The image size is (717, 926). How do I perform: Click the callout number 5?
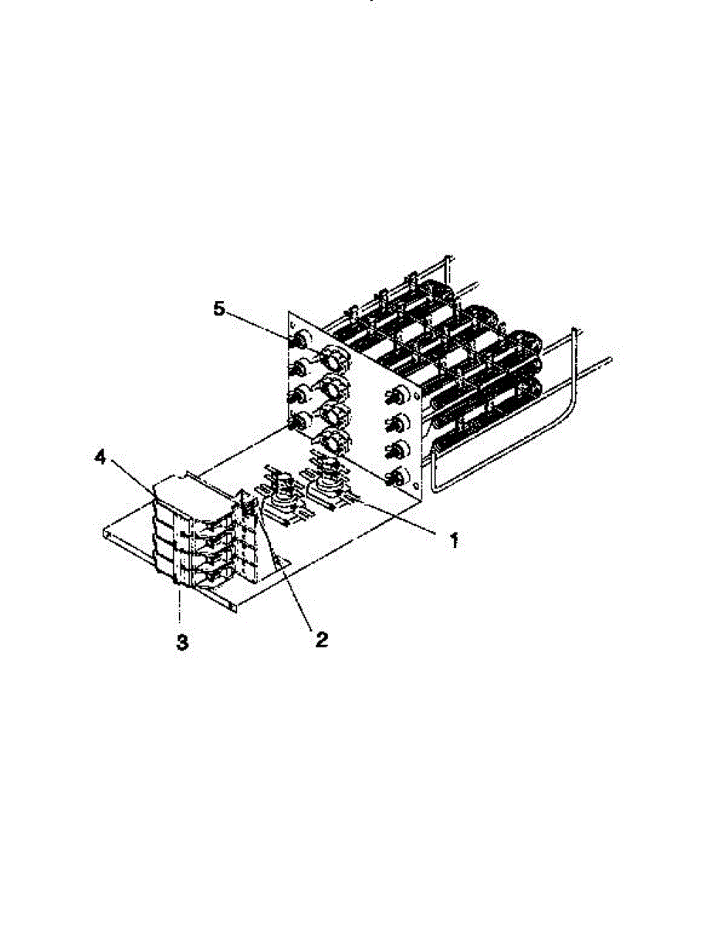pyautogui.click(x=219, y=309)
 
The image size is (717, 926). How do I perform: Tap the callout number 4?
pyautogui.click(x=100, y=458)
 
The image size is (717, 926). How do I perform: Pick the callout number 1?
pyautogui.click(x=454, y=540)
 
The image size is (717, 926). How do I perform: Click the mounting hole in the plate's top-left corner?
pyautogui.click(x=293, y=325)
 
